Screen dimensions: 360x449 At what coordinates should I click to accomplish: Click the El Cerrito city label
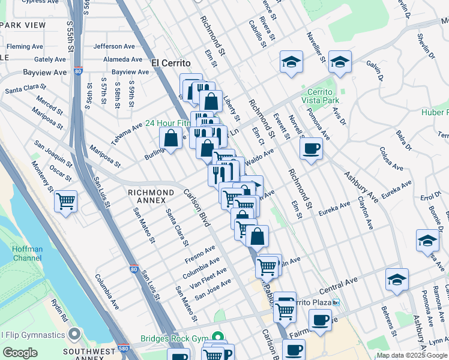(170, 63)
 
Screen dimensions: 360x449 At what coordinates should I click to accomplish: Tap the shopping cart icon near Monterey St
(65, 202)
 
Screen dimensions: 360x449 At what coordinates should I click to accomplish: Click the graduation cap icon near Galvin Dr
(340, 62)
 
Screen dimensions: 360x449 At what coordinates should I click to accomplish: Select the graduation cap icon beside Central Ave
(397, 280)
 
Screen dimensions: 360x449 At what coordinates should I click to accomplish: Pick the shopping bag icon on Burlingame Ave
(171, 139)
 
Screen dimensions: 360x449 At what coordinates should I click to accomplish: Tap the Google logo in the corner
(19, 353)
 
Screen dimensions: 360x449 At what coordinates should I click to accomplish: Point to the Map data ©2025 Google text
(412, 355)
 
